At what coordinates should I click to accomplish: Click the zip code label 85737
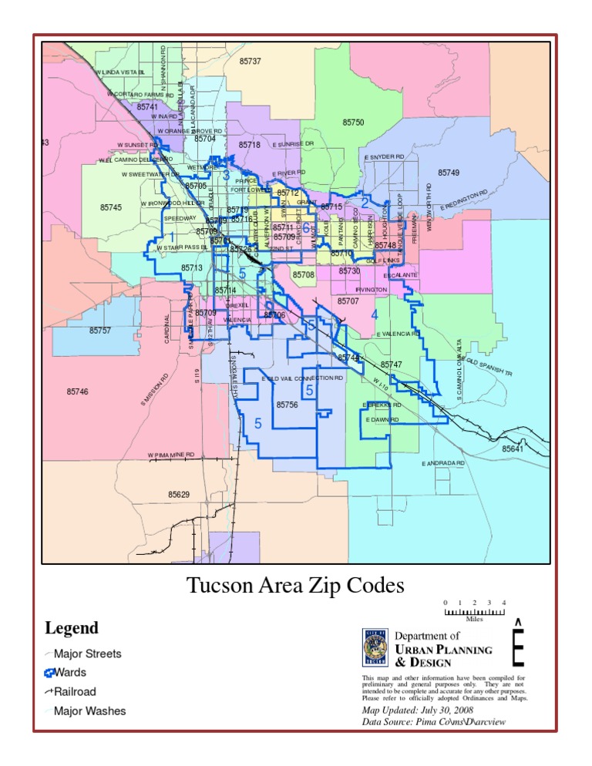coord(250,61)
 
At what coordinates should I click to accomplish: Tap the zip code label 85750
coord(353,123)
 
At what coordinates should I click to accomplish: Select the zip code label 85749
coord(449,173)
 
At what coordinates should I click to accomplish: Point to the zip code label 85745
coord(111,207)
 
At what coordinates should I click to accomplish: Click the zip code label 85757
coord(100,331)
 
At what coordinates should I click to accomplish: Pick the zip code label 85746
coord(77,391)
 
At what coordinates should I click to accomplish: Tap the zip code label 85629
coord(179,493)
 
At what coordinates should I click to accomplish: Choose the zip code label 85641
coord(513,449)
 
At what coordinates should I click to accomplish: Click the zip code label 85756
coord(287,405)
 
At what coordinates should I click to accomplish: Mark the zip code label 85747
coord(391,364)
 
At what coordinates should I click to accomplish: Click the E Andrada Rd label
coord(443,463)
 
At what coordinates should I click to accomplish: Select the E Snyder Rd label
coord(385,157)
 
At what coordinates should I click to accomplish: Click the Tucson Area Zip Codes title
coord(295,586)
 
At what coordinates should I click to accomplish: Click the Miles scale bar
coord(474,611)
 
